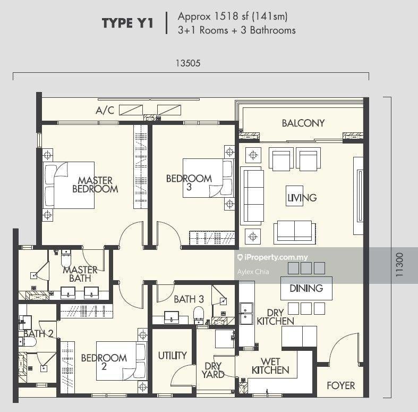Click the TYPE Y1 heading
[127, 23]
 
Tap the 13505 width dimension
[188, 63]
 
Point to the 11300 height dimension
[399, 264]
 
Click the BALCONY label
[303, 123]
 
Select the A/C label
[105, 110]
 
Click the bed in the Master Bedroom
[69, 185]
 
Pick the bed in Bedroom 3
[208, 178]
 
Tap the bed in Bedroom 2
[122, 361]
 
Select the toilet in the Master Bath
[66, 258]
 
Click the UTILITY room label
[172, 356]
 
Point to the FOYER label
[340, 385]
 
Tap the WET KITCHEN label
[270, 366]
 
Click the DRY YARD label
[213, 371]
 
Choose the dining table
[306, 288]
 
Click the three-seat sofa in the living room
[252, 196]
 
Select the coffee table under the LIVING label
[294, 196]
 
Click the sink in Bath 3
[172, 317]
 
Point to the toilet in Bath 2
[28, 341]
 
